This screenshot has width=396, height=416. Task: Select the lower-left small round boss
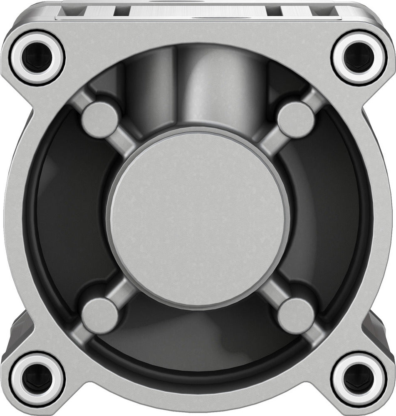click(x=100, y=315)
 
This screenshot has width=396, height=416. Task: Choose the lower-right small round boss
click(x=296, y=315)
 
